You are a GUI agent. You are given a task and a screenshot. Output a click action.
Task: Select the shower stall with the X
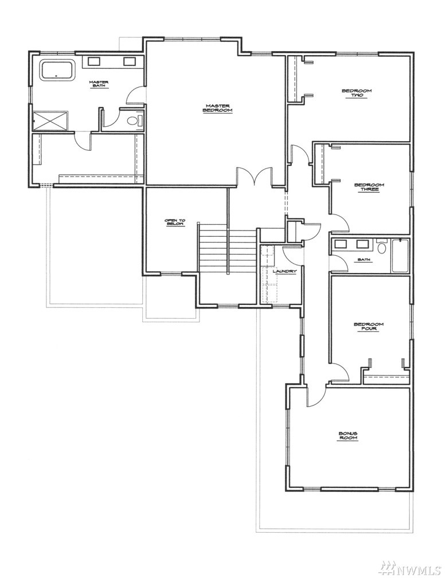pyautogui.click(x=50, y=120)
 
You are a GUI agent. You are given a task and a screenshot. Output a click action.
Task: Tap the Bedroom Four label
pyautogui.click(x=369, y=326)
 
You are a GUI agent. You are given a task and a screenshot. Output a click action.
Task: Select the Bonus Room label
pyautogui.click(x=348, y=435)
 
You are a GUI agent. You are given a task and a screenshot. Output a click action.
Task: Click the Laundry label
pyautogui.click(x=284, y=272)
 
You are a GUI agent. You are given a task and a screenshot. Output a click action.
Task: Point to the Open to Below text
pyautogui.click(x=175, y=222)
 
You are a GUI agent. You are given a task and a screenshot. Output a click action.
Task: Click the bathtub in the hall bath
pyautogui.click(x=400, y=256)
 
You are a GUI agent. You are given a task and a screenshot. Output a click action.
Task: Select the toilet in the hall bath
pyautogui.click(x=381, y=246)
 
